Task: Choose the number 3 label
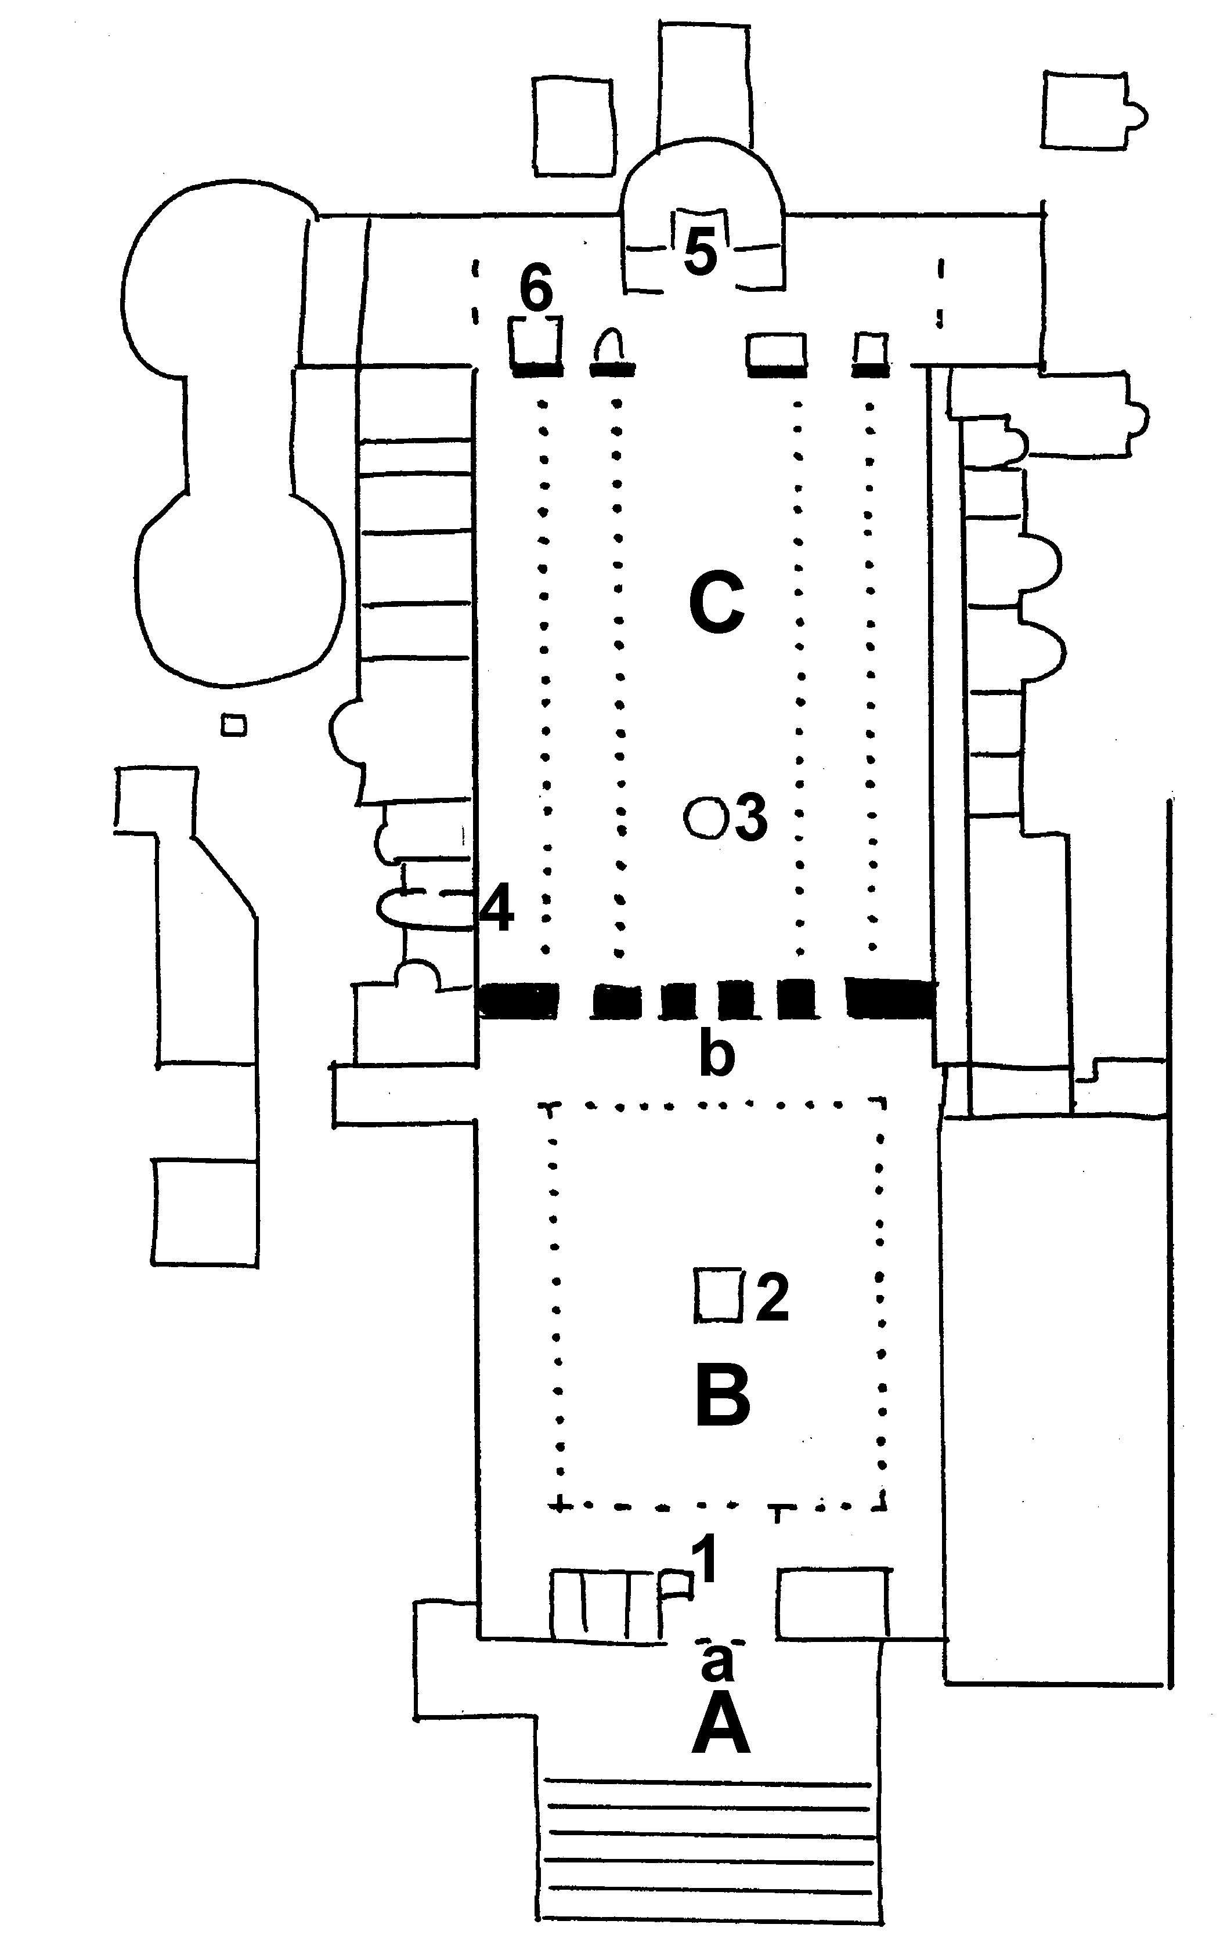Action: (x=750, y=819)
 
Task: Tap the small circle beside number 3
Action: (x=705, y=819)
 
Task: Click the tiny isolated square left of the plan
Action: (x=234, y=726)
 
